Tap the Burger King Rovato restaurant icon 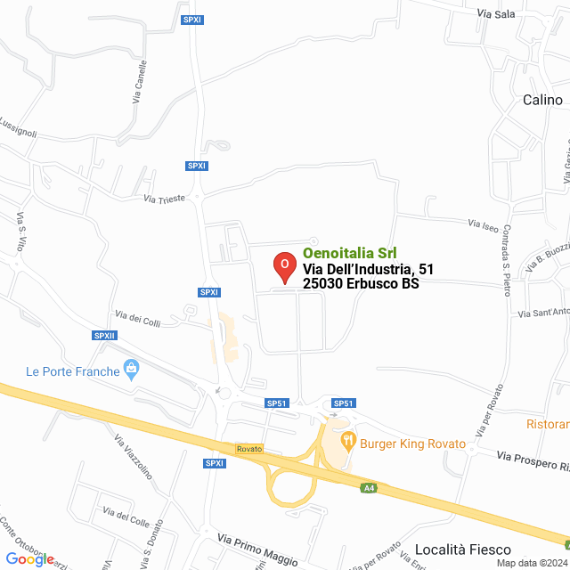348,440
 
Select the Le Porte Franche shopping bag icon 132,368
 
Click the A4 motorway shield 369,488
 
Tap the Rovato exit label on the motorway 249,448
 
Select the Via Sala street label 496,14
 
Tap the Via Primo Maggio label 257,550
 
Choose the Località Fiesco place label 463,550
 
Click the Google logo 30,558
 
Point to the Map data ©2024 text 531,563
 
